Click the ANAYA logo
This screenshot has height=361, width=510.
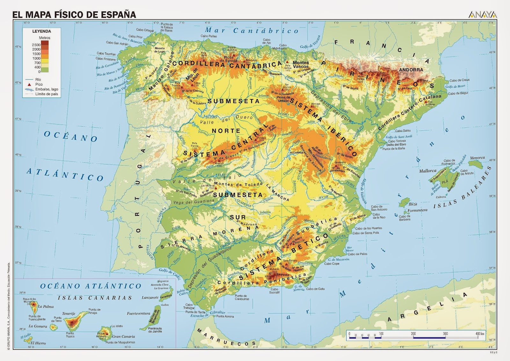[483, 15]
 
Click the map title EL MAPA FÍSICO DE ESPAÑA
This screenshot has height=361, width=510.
[74, 14]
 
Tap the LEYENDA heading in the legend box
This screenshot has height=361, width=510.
[41, 31]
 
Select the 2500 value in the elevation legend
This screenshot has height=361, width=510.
[36, 45]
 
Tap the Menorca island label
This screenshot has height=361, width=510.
[477, 158]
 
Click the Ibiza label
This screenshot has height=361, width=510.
[413, 204]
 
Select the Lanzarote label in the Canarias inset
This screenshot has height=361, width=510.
[150, 297]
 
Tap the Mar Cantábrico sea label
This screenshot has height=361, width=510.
[251, 31]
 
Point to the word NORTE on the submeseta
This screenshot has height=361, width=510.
[226, 131]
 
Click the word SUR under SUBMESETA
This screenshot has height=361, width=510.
[238, 217]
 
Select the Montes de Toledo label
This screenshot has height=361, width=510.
[238, 184]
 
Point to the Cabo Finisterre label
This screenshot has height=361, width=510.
[106, 59]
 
